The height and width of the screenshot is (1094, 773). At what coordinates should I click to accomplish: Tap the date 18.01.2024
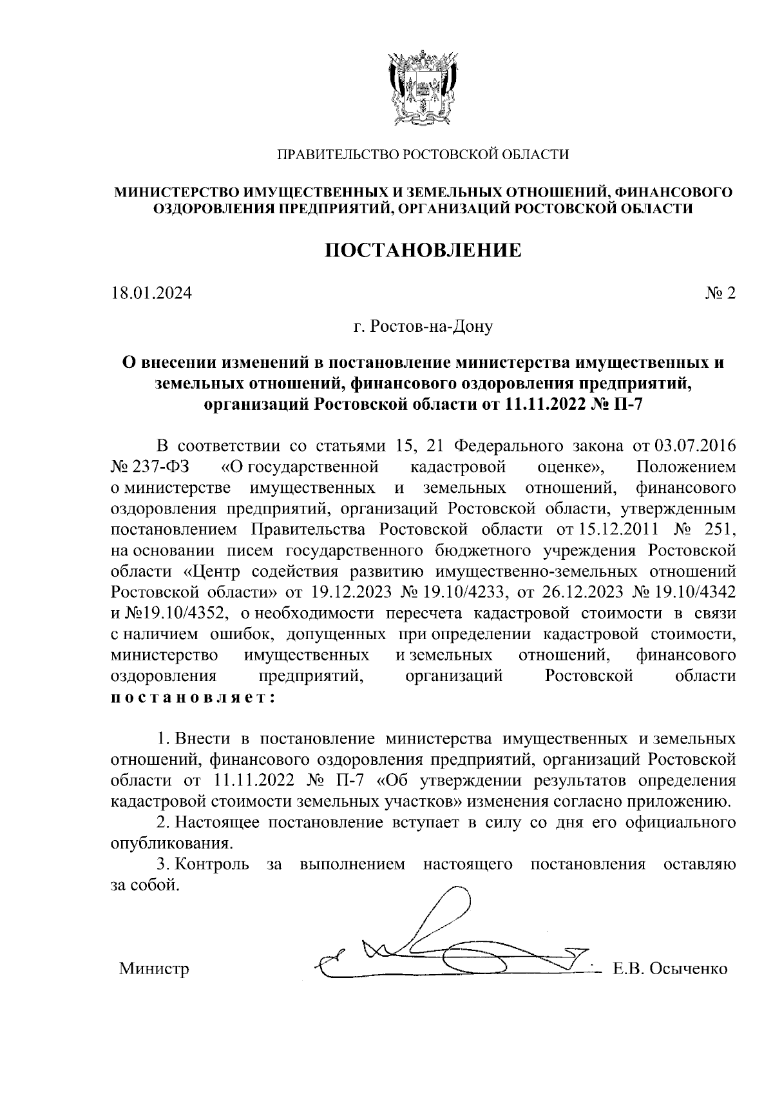(x=151, y=294)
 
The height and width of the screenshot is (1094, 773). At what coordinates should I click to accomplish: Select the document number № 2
(x=720, y=294)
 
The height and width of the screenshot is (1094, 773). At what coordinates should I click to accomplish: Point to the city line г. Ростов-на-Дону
(x=423, y=327)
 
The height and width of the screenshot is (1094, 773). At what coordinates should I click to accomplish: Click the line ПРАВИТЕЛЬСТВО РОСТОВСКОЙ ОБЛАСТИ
(x=423, y=155)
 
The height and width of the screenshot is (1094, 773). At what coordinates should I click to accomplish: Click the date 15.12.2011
(x=602, y=529)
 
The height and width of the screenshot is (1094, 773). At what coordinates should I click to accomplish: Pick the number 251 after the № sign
(x=716, y=529)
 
